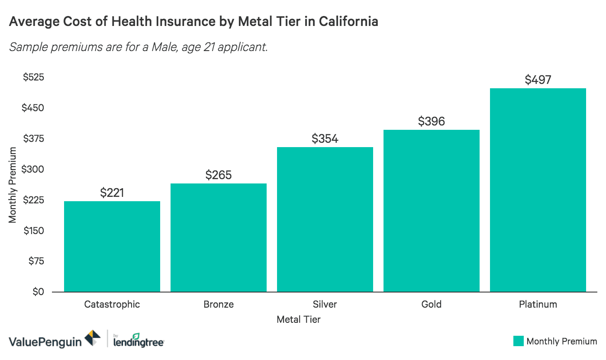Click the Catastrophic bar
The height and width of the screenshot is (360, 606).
[112, 247]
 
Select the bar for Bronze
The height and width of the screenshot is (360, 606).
[219, 238]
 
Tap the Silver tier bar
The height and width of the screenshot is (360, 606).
[325, 219]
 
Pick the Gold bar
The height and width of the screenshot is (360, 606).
[432, 211]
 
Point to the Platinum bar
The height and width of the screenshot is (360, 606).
[538, 190]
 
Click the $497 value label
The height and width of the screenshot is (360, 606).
[538, 80]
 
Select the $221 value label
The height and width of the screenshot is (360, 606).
[112, 193]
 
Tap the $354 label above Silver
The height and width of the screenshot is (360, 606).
[325, 139]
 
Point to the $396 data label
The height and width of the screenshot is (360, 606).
[432, 122]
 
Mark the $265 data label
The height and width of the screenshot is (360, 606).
[219, 175]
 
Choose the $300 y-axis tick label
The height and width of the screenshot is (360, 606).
[33, 169]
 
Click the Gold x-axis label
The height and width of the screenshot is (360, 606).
[432, 304]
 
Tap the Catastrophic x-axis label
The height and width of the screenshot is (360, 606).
[112, 304]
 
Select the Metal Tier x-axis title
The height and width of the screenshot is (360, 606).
[298, 320]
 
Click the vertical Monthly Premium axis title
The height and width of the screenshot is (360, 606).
[13, 185]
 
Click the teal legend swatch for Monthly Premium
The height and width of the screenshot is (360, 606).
[518, 341]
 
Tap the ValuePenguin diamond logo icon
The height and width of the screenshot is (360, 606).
[93, 338]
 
